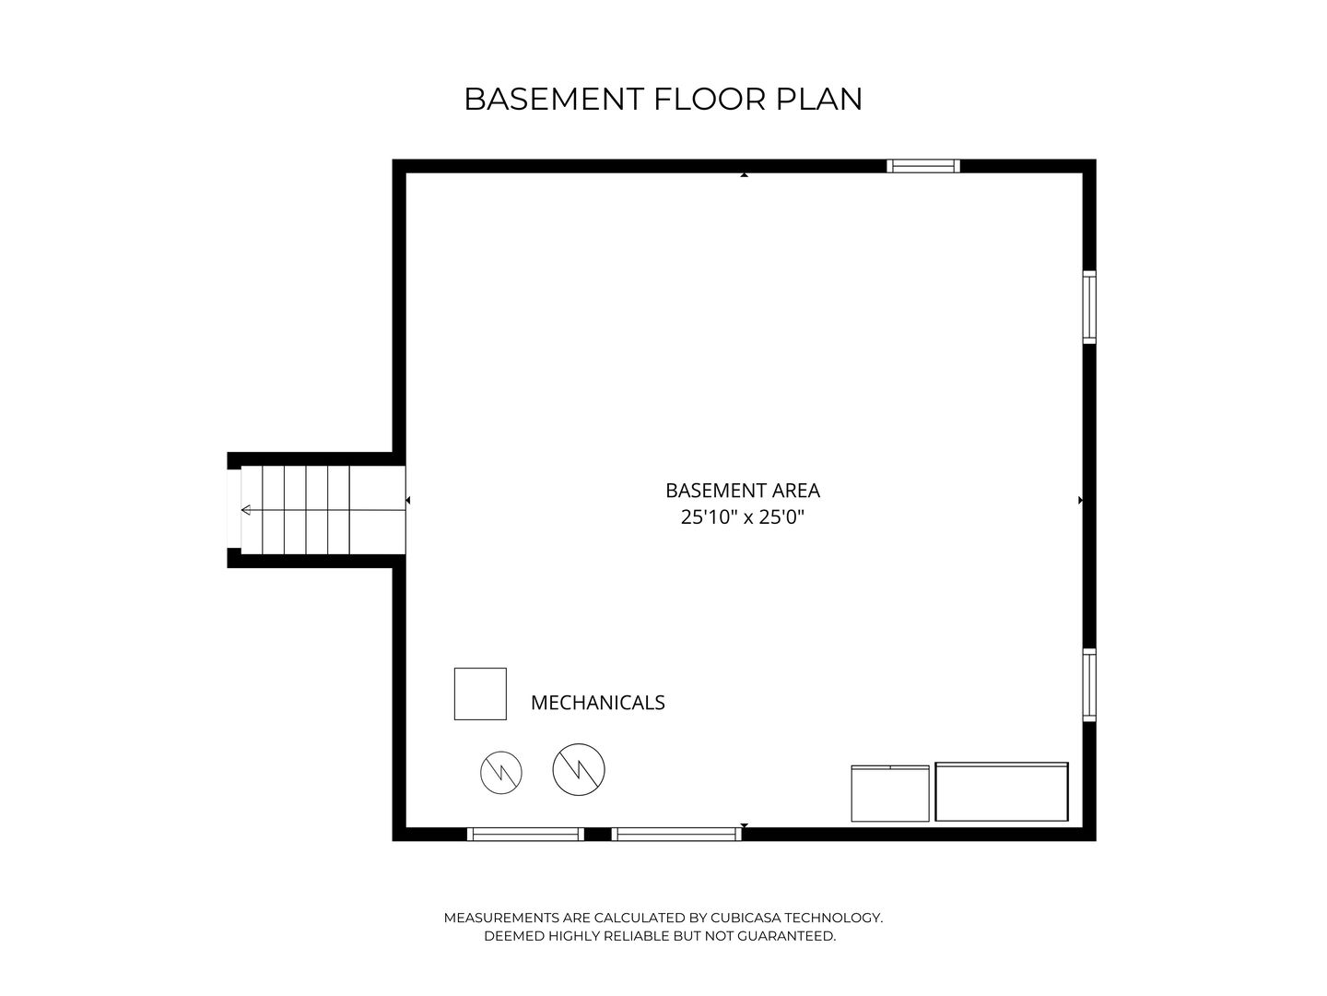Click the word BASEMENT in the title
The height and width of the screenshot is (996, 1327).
point(555,99)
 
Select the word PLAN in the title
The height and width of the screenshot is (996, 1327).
point(819,99)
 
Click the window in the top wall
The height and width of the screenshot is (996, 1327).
point(923,166)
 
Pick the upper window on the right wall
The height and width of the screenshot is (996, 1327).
point(1089,307)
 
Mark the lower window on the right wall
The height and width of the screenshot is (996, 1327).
point(1089,685)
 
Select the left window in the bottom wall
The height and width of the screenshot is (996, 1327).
point(525,834)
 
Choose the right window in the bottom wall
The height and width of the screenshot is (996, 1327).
point(676,834)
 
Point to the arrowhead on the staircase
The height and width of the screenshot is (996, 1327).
point(246,510)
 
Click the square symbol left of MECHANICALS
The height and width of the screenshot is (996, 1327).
point(480,694)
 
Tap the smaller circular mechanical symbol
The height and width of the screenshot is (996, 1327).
point(501,772)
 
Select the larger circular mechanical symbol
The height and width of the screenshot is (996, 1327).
point(579,769)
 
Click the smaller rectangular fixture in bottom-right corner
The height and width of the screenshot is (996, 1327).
point(890,793)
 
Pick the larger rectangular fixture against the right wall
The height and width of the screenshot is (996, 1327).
point(1002,791)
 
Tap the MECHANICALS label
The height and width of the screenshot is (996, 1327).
point(597,703)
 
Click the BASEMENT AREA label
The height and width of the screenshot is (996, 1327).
point(742,491)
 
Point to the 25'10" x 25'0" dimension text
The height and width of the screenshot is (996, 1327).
point(742,517)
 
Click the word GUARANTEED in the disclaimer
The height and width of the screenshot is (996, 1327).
point(781,936)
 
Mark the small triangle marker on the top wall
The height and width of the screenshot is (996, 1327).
point(744,173)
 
